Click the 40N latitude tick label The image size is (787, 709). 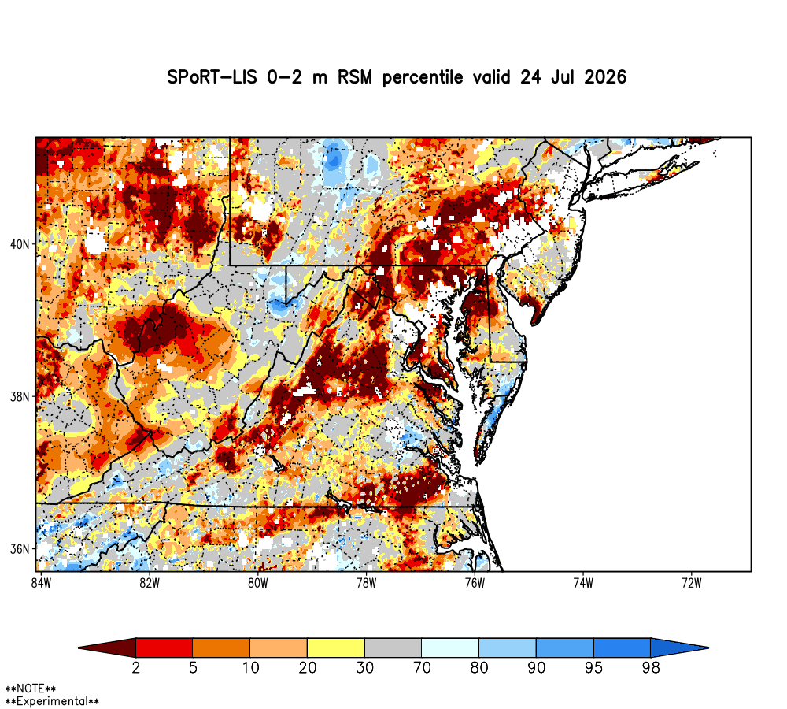(20, 245)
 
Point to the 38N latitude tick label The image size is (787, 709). (20, 397)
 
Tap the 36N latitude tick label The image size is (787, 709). (20, 549)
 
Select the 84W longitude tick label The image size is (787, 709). (41, 583)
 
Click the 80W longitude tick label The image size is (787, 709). (258, 583)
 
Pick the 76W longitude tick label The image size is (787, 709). (475, 583)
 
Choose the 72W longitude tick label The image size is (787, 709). (692, 583)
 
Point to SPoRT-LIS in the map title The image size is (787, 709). (212, 77)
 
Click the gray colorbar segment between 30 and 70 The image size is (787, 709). (393, 648)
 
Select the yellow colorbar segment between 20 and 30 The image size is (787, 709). (336, 648)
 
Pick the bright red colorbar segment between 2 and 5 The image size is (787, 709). (164, 648)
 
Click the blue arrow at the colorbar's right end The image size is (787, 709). (678, 648)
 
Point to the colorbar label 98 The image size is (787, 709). (651, 668)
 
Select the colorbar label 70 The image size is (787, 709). (422, 668)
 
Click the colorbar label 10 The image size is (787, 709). (250, 668)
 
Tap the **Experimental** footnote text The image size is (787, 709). (52, 701)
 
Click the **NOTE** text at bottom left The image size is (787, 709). (31, 689)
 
